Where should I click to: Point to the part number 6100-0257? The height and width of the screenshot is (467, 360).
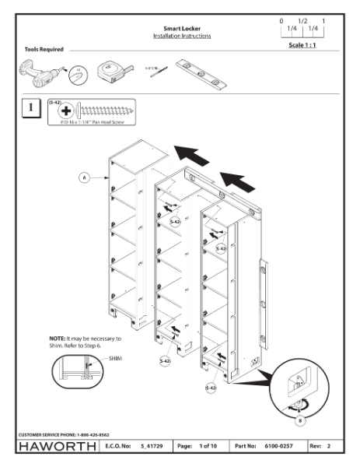[x=294, y=446]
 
